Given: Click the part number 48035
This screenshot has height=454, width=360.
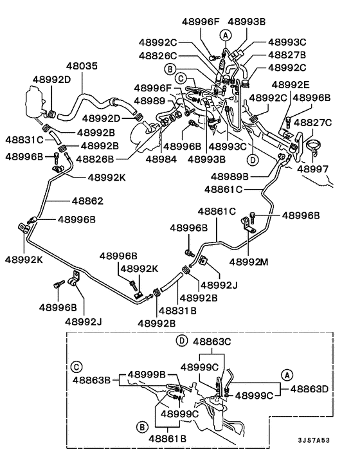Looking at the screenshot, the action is (82, 66).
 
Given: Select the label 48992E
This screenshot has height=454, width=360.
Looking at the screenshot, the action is (291, 84).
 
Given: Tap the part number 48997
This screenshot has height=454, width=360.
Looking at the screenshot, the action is (313, 168).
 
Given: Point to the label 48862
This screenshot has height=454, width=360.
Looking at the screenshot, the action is (87, 201).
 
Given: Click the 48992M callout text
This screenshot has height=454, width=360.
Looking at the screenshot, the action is (249, 262).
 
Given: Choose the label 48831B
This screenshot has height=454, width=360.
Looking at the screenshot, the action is (177, 311).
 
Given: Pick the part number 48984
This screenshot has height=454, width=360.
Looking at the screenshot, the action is (161, 159).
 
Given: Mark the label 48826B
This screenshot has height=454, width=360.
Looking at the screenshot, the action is (95, 159).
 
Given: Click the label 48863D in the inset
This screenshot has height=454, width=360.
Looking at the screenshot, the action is (309, 389).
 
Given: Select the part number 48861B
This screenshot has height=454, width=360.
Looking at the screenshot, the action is (168, 439).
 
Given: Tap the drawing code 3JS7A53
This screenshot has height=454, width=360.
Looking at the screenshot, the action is (314, 440).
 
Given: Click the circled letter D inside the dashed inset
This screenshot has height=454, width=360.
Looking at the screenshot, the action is (182, 341).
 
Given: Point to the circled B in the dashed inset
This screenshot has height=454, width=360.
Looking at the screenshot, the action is (142, 427).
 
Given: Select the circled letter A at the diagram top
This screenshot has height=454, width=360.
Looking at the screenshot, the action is (226, 35).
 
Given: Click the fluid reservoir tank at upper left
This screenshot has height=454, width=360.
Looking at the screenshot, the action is (35, 102).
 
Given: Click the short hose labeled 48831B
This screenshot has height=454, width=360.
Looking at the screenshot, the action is (172, 281).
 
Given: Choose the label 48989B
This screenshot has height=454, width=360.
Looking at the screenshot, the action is (230, 176).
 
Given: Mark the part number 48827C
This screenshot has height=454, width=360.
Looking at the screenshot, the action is (313, 122).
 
